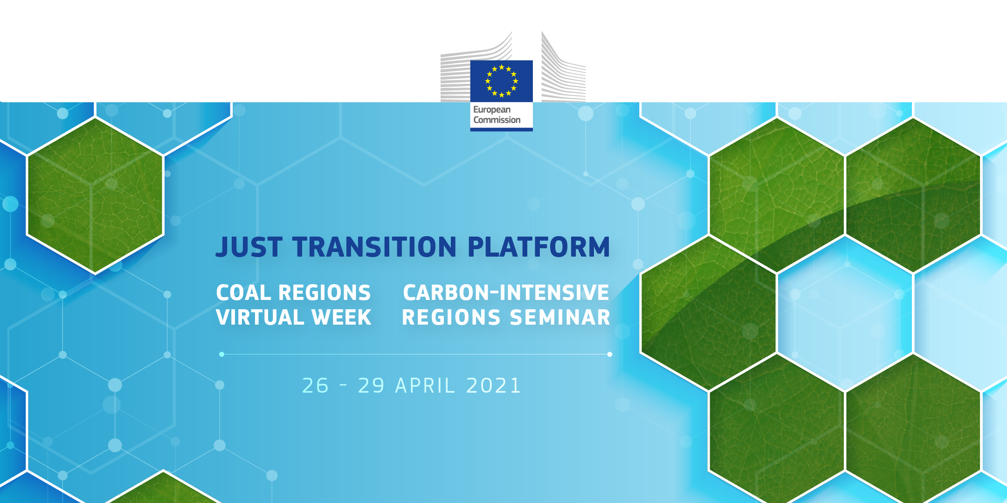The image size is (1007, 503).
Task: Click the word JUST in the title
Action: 249,247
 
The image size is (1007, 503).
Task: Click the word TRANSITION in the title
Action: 374,247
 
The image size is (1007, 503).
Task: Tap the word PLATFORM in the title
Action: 538,247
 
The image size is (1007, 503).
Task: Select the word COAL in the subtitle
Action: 243,293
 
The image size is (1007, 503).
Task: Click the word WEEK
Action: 341,318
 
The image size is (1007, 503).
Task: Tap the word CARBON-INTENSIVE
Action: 506,293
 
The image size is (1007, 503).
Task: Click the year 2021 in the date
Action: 493,386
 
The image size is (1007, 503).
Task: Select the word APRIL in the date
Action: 425,386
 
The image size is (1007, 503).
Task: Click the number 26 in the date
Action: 316,386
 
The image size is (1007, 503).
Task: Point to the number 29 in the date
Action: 371,386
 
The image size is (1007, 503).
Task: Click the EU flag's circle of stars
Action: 501,81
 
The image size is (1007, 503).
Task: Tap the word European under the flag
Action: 492,110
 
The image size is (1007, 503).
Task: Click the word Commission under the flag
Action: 497,120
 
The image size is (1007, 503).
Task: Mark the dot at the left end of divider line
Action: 222,354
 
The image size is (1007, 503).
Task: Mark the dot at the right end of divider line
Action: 610,354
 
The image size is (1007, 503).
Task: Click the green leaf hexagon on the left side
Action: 95,196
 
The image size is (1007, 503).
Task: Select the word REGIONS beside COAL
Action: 324,293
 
